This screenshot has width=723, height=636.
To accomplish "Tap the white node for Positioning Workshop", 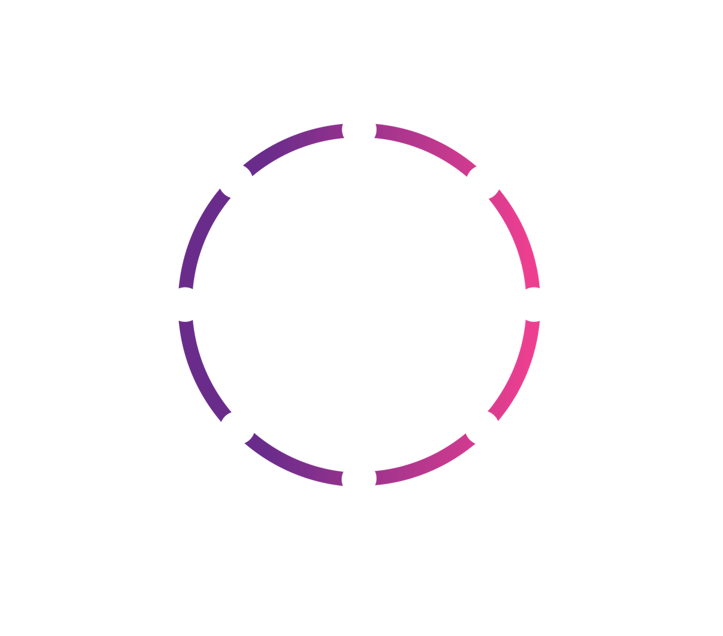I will [483, 181].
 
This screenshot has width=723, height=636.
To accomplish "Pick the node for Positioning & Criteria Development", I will [482, 428].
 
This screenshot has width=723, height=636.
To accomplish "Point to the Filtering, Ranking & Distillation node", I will [237, 428].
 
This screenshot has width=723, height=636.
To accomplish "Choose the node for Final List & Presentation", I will [236, 181].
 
